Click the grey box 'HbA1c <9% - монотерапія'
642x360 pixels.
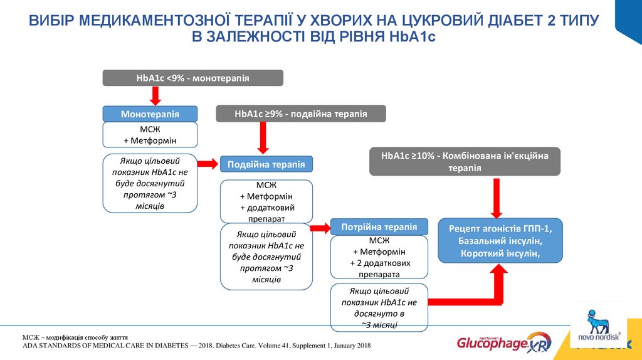point(192,78)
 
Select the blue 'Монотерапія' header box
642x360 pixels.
point(150,114)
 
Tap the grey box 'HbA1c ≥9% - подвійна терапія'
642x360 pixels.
point(301,114)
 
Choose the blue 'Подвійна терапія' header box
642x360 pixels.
point(266,164)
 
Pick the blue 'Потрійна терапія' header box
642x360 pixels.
point(379,226)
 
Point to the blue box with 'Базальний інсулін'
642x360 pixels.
point(500,240)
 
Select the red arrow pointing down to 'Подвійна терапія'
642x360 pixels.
point(263,137)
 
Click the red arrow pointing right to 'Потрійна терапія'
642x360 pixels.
point(322,227)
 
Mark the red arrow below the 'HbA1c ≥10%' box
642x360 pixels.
point(495,196)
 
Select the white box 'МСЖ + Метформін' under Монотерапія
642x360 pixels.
point(150,134)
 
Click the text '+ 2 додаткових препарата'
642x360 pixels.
point(380,268)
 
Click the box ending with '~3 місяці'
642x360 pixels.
point(379,307)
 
